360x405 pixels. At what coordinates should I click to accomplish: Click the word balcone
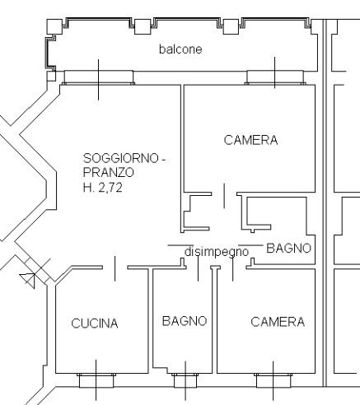click(x=180, y=49)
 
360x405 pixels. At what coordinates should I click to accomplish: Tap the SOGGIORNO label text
click(x=121, y=158)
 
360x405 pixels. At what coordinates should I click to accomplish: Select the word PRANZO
click(x=109, y=173)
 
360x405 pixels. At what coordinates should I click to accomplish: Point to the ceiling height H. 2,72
click(x=102, y=188)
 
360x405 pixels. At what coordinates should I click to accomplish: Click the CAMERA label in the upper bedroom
click(x=250, y=140)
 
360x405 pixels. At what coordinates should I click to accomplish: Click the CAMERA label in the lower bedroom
click(x=278, y=322)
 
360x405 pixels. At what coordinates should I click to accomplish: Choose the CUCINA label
click(x=95, y=324)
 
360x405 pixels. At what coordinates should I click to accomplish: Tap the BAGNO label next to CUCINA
click(x=185, y=321)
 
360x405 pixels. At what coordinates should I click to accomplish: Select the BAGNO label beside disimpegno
click(x=288, y=248)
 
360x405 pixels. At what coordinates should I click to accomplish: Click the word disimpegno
click(x=217, y=252)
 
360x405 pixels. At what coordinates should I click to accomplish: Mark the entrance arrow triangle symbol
click(x=28, y=280)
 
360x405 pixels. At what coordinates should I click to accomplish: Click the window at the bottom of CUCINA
click(x=96, y=380)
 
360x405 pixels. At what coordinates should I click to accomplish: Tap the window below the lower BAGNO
click(x=185, y=380)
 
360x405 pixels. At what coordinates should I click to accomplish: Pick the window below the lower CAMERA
click(x=274, y=380)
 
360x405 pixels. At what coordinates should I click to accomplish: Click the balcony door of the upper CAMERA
click(x=275, y=77)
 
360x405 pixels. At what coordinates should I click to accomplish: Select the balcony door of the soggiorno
click(x=99, y=77)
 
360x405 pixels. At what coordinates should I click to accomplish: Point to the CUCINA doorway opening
click(x=115, y=268)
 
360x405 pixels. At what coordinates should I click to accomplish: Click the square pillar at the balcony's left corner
click(x=54, y=26)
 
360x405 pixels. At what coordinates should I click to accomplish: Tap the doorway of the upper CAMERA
click(x=224, y=194)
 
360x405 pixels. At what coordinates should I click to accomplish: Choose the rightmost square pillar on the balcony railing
click(x=231, y=26)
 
